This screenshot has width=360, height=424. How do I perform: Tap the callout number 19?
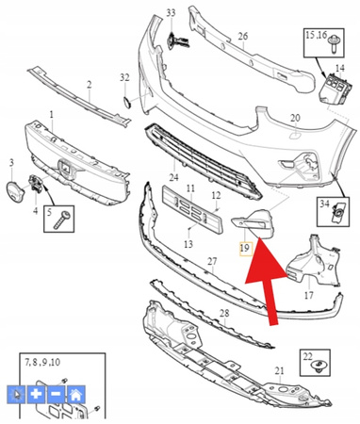pyautogui.click(x=244, y=248)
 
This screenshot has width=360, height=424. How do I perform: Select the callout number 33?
pyautogui.click(x=171, y=13)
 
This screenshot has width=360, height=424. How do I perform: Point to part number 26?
pyautogui.click(x=242, y=38)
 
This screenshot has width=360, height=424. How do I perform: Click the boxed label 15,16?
pyautogui.click(x=316, y=37)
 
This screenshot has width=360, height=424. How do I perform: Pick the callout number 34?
pyautogui.click(x=323, y=204)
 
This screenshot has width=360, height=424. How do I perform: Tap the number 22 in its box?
pyautogui.click(x=307, y=356)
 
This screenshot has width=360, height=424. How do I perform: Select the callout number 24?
pyautogui.click(x=173, y=176)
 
